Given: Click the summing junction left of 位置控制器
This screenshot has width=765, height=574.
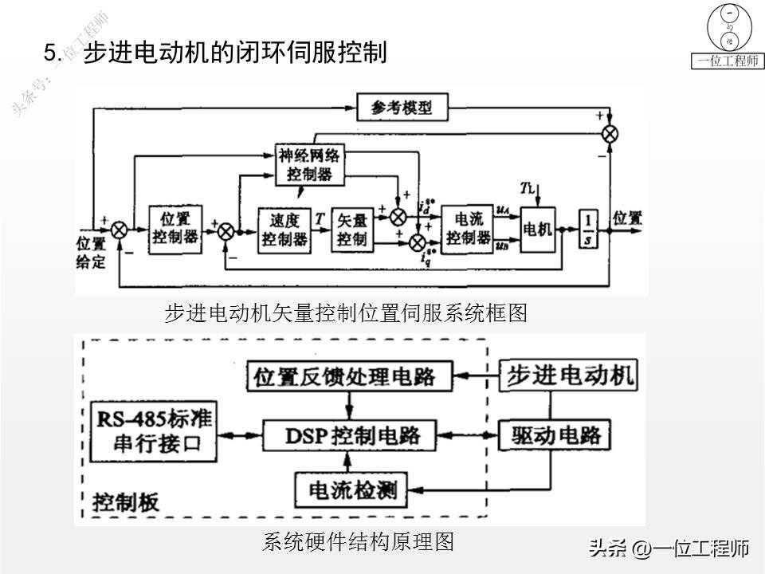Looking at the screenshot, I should click(x=120, y=230).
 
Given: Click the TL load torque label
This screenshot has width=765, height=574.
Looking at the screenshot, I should click(x=530, y=188).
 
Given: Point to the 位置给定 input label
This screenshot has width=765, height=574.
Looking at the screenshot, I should click(x=91, y=252).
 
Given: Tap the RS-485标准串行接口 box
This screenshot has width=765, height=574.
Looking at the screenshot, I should click(x=154, y=431).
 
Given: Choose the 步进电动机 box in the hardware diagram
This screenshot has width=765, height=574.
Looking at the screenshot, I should click(x=567, y=375).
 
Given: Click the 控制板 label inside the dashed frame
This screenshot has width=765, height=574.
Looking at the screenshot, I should click(x=126, y=501).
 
